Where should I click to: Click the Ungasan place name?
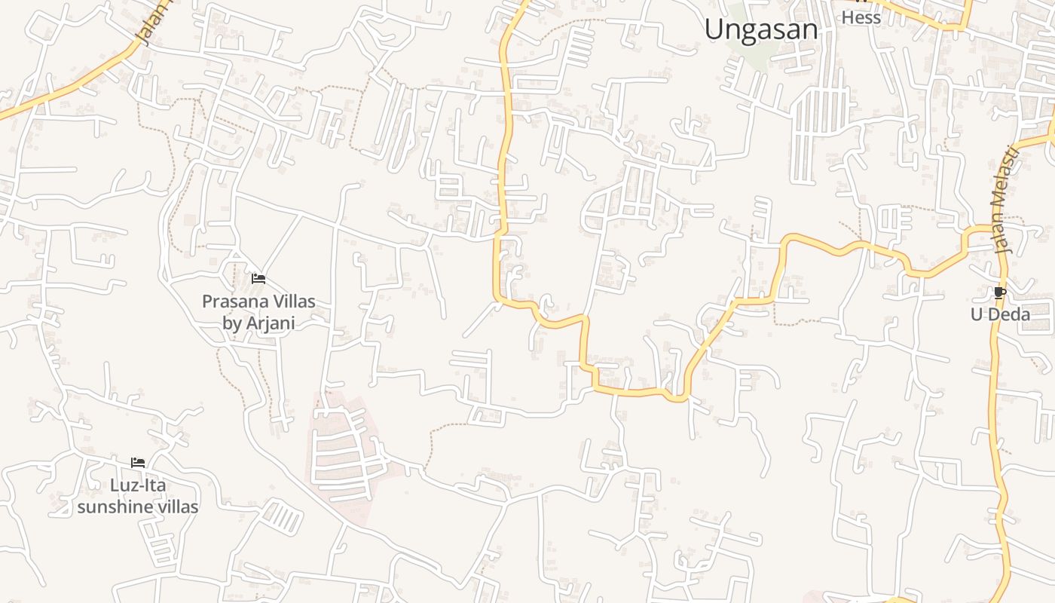click(761, 29)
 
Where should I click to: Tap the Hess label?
click(861, 17)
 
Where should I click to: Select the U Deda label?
click(1000, 314)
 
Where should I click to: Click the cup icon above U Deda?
click(1000, 292)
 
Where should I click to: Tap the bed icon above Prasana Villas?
click(258, 279)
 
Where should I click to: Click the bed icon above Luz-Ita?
click(138, 463)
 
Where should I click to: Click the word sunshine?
click(114, 507)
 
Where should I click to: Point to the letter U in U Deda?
click(977, 314)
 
